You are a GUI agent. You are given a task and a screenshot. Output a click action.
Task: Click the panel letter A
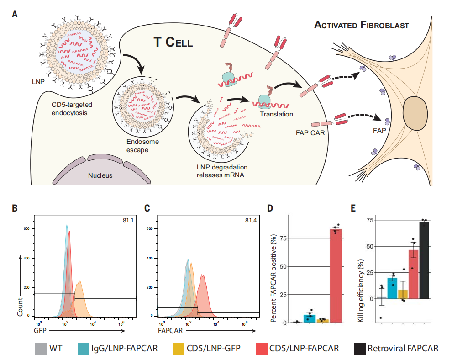tap(15, 14)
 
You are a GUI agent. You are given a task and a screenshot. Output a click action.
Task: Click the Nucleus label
tap(100, 175)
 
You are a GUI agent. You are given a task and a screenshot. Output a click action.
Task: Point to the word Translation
tap(276, 114)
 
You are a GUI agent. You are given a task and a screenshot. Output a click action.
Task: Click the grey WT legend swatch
tap(42, 348)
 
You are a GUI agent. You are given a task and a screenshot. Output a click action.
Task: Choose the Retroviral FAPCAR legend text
tap(402, 348)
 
